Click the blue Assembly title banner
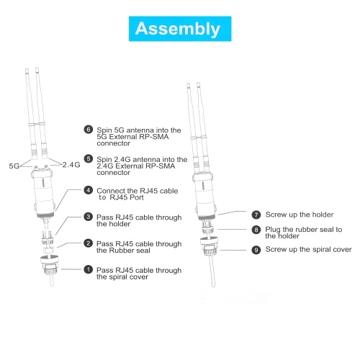pyautogui.click(x=180, y=29)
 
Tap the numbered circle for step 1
pyautogui.click(x=89, y=269)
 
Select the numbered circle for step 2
pyautogui.click(x=89, y=243)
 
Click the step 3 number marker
pyautogui.click(x=89, y=217)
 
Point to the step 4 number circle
pyautogui.click(x=89, y=190)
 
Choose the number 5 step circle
pyautogui.click(x=89, y=158)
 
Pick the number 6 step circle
pyautogui.click(x=89, y=130)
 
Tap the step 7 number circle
pyautogui.click(x=256, y=215)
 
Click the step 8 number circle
pyautogui.click(x=256, y=230)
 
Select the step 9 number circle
pyautogui.click(x=256, y=250)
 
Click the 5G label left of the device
pyautogui.click(x=14, y=166)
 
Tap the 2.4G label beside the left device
pyautogui.click(x=71, y=165)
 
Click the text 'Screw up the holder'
pyautogui.click(x=300, y=215)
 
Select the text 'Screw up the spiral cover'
pyautogui.click(x=308, y=250)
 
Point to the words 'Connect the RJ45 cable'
pyautogui.click(x=138, y=191)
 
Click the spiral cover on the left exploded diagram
pyautogui.click(x=50, y=266)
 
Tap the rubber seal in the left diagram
pyautogui.click(x=48, y=249)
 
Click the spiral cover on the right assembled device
pyautogui.click(x=210, y=246)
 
